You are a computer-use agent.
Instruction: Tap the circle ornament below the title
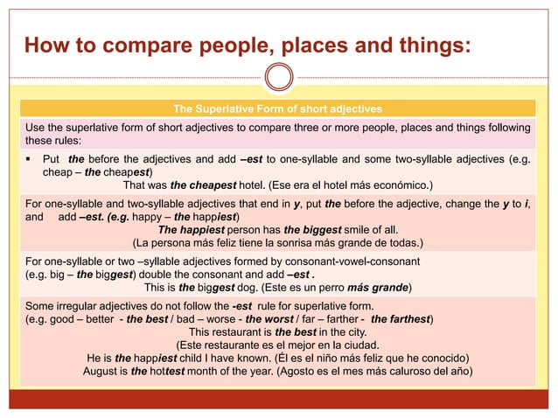pyautogui.click(x=279, y=77)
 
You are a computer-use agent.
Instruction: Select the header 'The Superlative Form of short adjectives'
pyautogui.click(x=277, y=109)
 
